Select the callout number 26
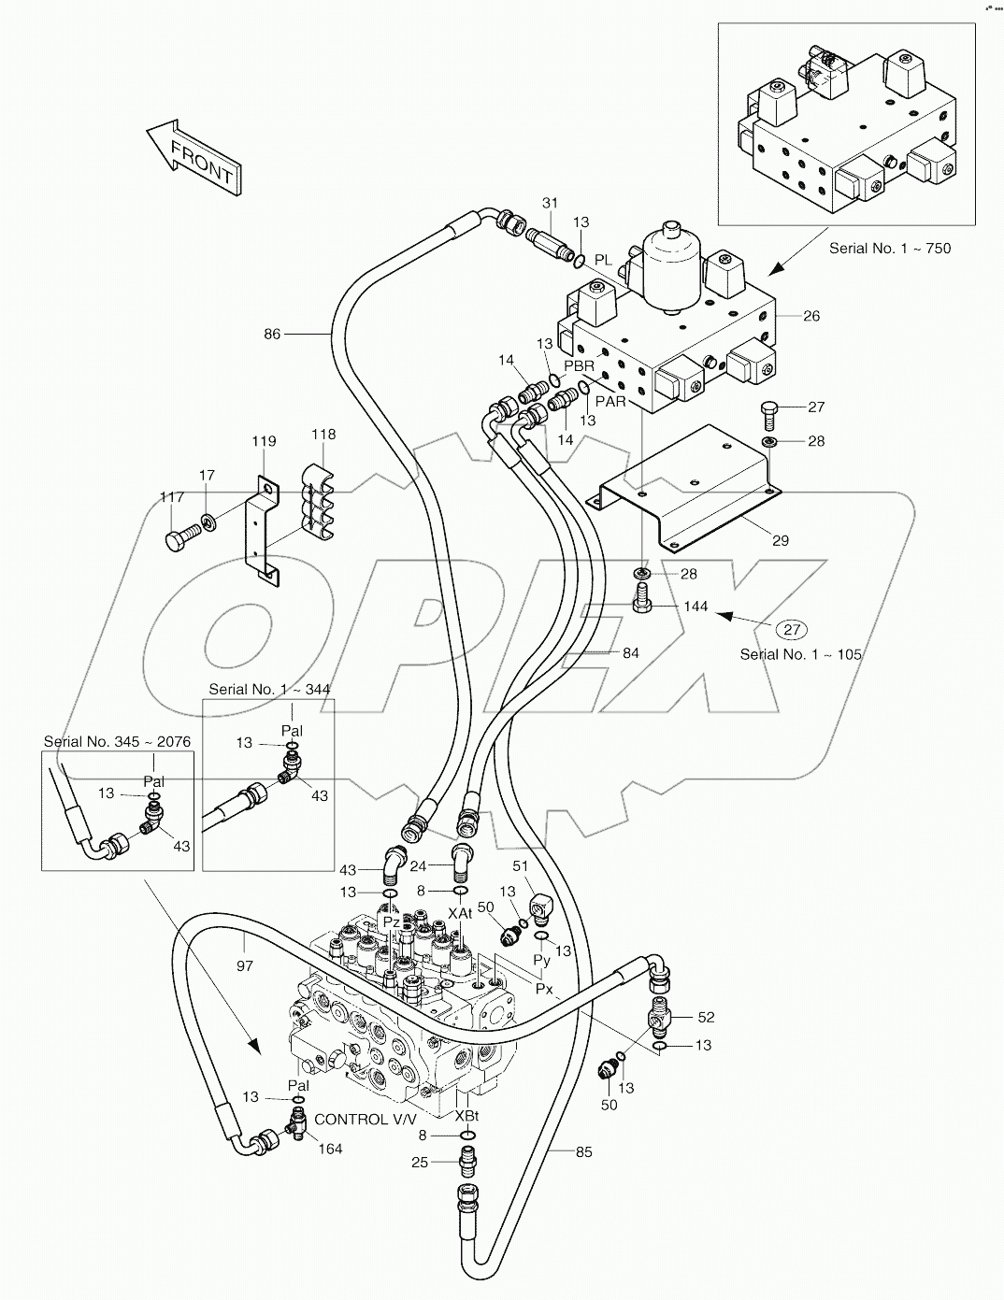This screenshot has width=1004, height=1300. click(x=810, y=316)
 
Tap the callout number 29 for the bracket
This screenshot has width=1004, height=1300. click(x=781, y=540)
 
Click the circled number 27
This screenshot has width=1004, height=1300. click(x=793, y=629)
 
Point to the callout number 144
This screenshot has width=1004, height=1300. click(x=696, y=607)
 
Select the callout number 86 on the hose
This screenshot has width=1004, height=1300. click(x=272, y=333)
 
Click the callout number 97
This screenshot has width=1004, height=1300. click(x=244, y=965)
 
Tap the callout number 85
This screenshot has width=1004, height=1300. click(x=583, y=1152)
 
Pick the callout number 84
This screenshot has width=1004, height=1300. click(x=631, y=652)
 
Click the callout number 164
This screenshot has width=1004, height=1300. click(x=331, y=1149)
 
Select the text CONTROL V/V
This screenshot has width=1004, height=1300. click(x=364, y=1119)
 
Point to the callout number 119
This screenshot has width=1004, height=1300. click(x=264, y=441)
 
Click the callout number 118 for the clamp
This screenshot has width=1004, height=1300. click(x=323, y=435)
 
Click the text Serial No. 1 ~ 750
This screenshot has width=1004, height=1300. click(x=890, y=249)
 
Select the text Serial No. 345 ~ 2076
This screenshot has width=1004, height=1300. click(x=117, y=742)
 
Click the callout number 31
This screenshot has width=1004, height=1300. click(x=550, y=204)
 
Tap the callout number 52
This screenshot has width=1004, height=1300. click(x=706, y=1017)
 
